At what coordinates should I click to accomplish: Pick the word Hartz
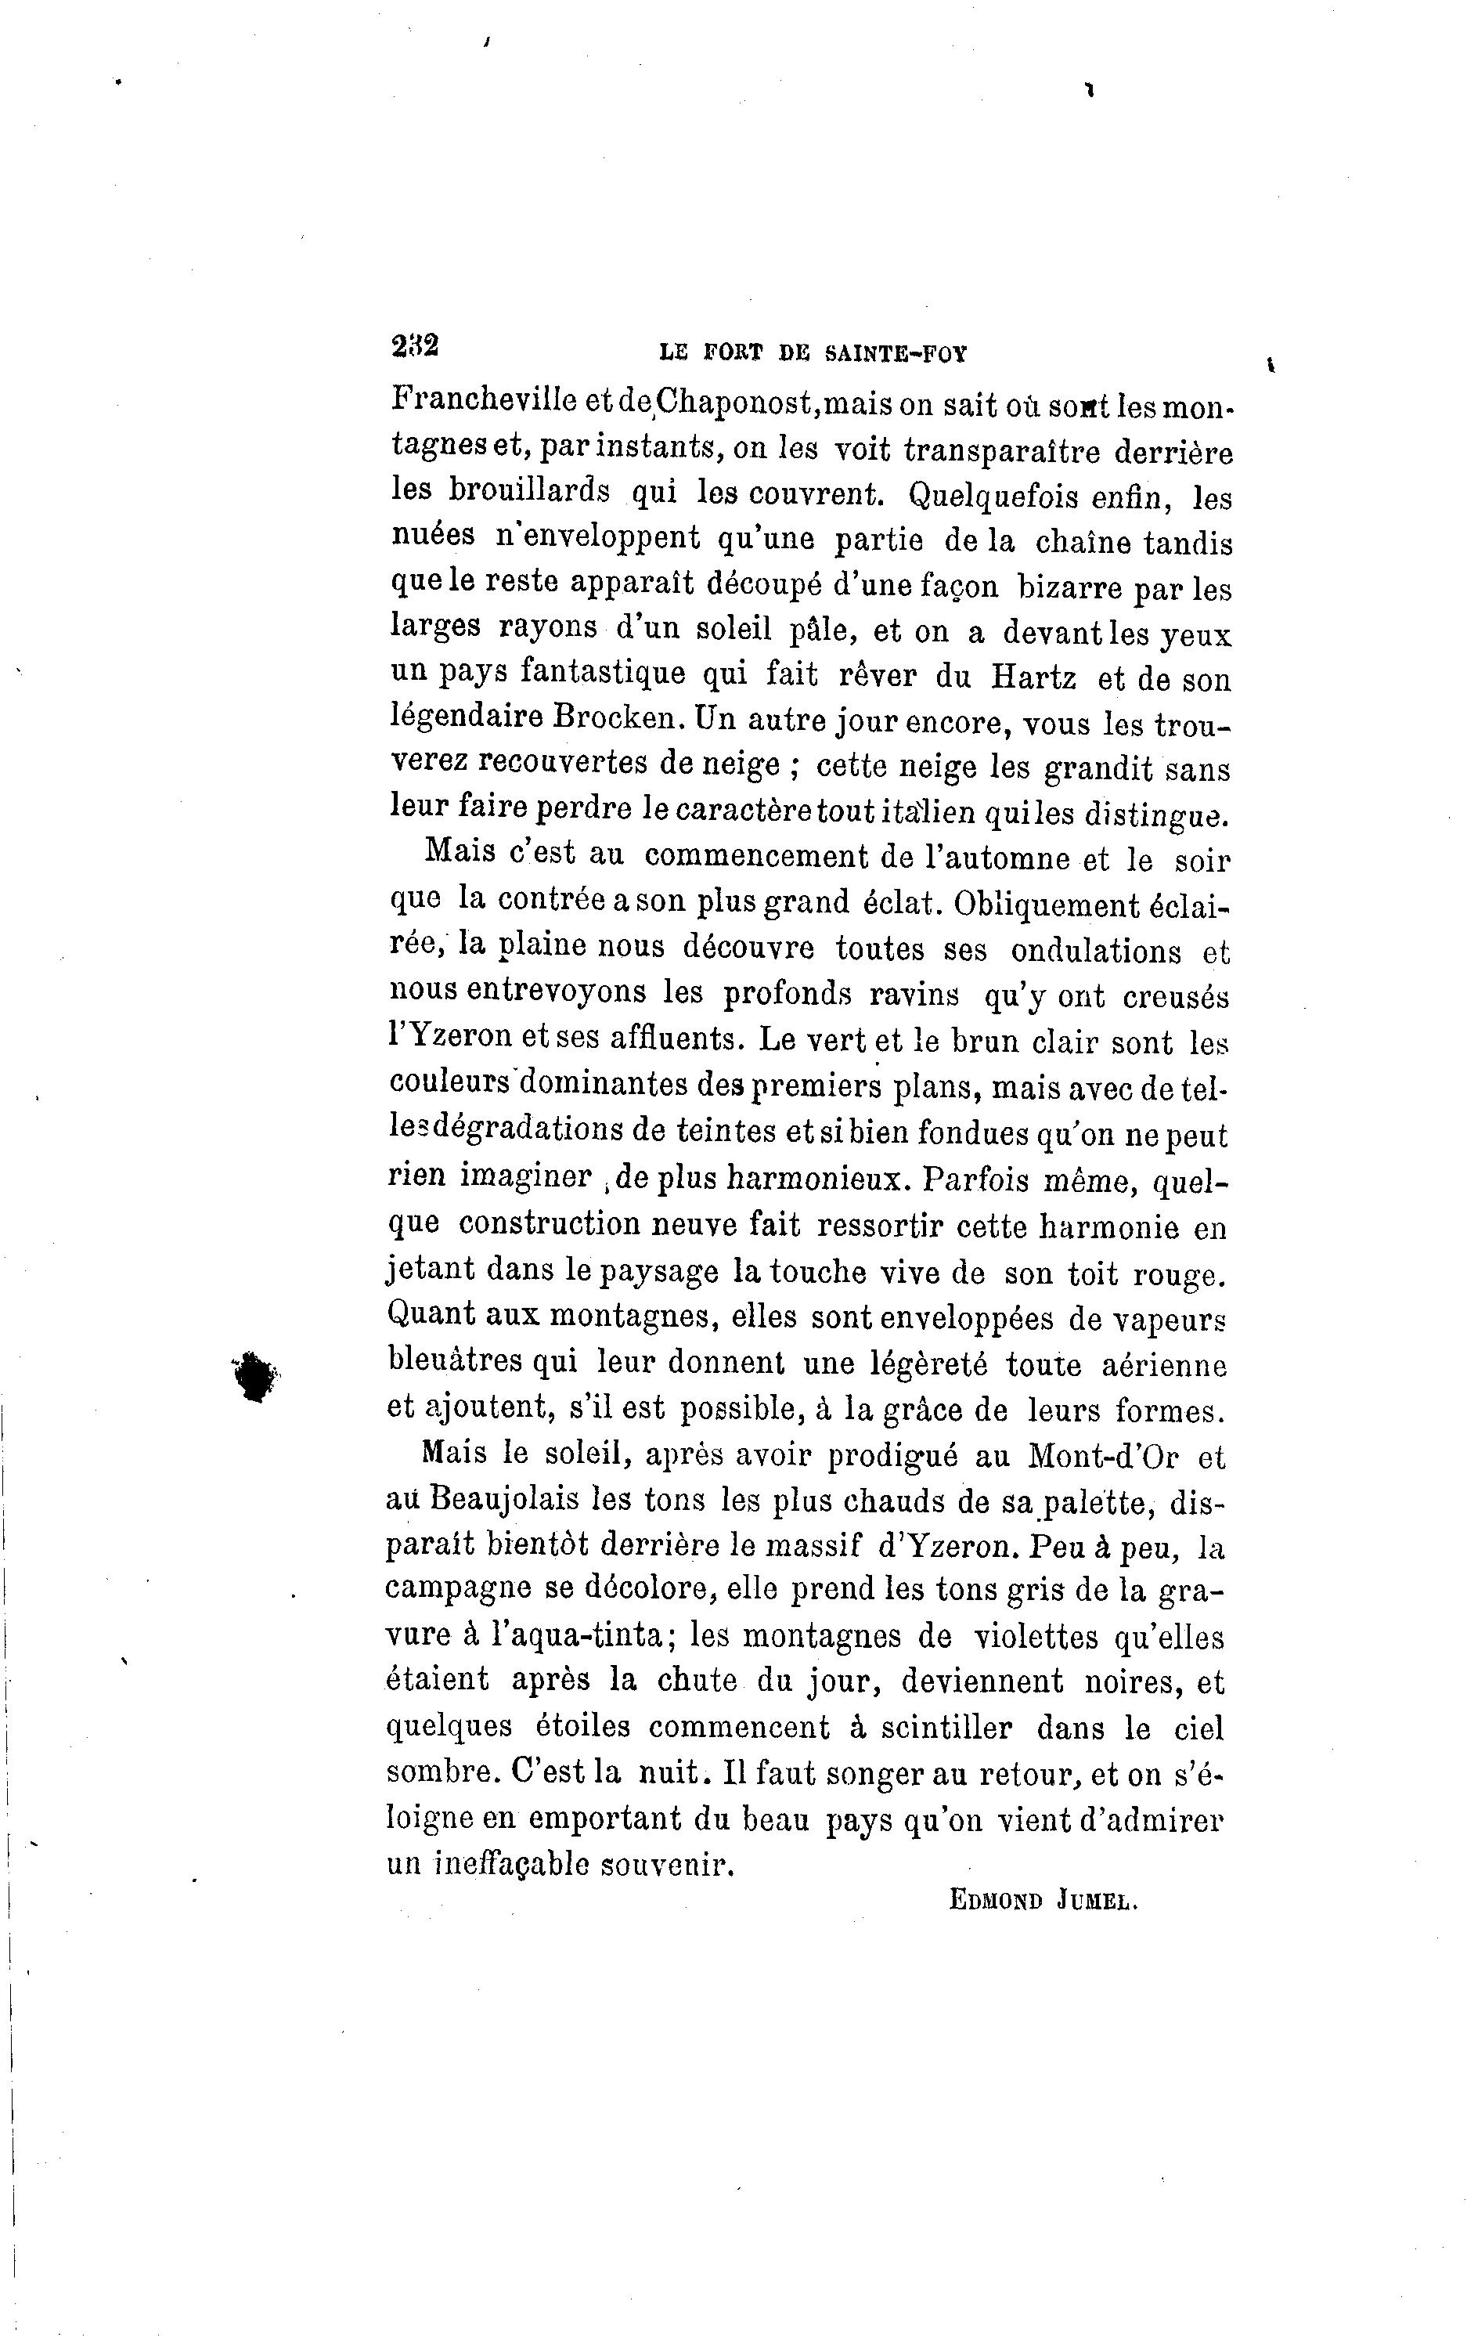[1033, 677]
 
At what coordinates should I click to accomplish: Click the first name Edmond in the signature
[994, 1902]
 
